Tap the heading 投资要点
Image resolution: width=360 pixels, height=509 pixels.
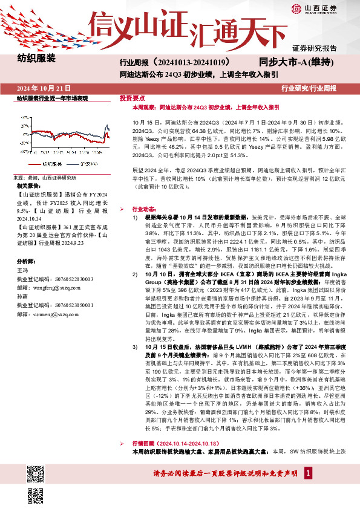(132, 98)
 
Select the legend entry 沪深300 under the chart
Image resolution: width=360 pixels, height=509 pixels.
(90, 164)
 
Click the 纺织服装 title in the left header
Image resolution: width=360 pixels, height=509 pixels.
(37, 59)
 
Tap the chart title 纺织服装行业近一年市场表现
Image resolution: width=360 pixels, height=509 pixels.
(53, 98)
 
